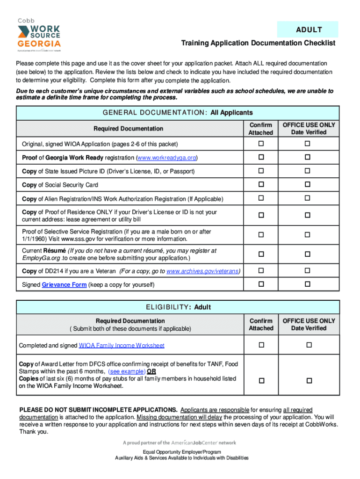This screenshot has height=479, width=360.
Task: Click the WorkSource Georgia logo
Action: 39,36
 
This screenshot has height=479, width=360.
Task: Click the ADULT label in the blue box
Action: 309,30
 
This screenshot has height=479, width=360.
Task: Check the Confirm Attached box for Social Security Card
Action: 261,185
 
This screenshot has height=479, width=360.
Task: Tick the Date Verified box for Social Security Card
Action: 308,185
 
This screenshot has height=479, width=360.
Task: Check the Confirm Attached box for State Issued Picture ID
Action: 261,171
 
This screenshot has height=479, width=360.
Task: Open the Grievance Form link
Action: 64,285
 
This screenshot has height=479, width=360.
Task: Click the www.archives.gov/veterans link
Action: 204,271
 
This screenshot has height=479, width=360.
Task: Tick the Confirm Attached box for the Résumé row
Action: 261,254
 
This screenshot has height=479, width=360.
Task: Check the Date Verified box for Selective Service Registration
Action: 308,234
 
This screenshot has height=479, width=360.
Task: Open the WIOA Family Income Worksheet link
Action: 122,346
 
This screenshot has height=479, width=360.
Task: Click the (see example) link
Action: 126,371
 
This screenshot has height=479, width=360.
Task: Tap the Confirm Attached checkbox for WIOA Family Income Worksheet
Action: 261,345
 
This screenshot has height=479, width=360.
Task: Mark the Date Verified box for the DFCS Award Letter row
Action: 309,381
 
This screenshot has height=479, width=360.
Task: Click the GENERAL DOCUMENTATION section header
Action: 178,113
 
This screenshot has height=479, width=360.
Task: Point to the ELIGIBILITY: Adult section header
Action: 178,307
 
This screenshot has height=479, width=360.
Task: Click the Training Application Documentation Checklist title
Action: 258,43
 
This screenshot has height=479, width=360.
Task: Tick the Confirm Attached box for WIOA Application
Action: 261,144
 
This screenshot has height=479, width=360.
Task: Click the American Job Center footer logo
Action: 180,443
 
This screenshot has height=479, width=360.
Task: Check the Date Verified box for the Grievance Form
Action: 308,284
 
